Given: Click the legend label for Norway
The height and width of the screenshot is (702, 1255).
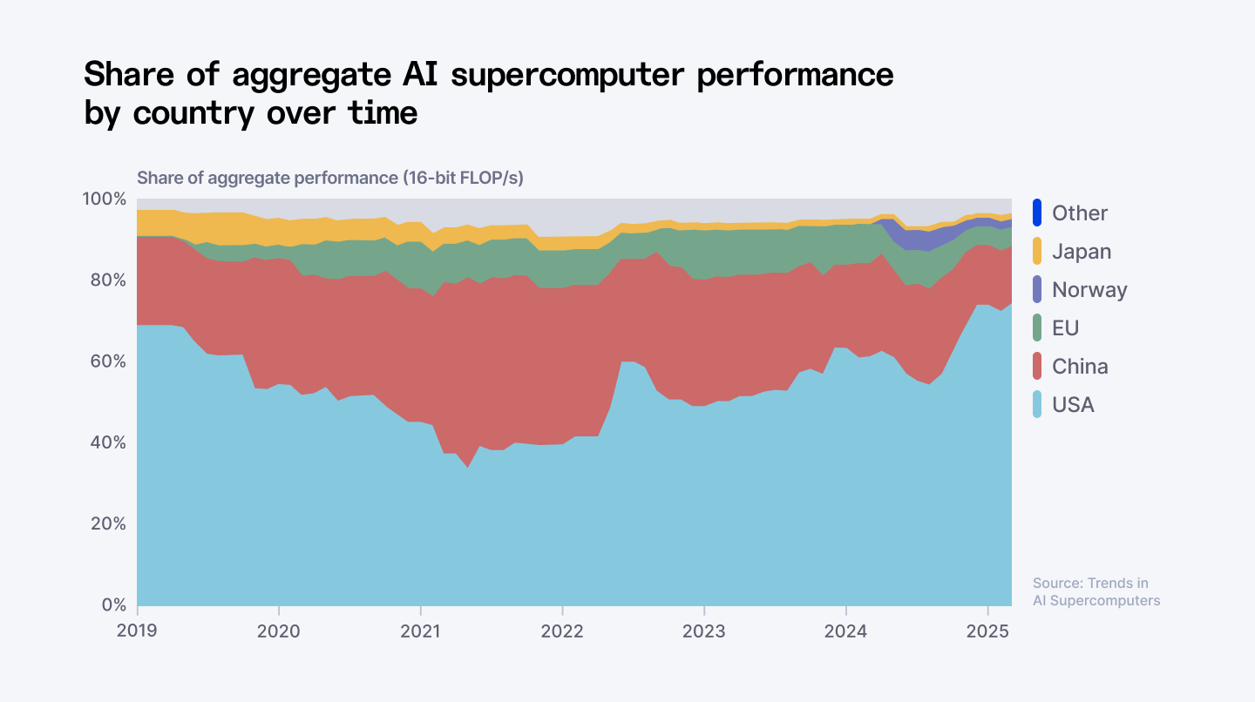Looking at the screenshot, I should pyautogui.click(x=1089, y=290).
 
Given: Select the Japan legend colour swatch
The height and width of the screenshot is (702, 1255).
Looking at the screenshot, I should pyautogui.click(x=1037, y=252).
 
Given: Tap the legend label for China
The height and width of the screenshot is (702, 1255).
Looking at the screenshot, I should pyautogui.click(x=1080, y=367).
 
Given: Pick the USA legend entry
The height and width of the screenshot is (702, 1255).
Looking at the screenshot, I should pyautogui.click(x=1073, y=405).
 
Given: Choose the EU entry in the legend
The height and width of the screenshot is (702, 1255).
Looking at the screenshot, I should pyautogui.click(x=1066, y=328).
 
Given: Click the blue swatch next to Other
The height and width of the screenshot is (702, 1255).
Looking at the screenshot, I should pyautogui.click(x=1037, y=213).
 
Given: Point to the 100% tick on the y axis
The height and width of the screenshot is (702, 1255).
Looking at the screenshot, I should pyautogui.click(x=105, y=199).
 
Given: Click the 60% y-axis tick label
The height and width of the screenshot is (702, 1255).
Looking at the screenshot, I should pyautogui.click(x=108, y=361).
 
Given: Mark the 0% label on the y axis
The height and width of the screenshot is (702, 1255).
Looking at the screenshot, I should pyautogui.click(x=112, y=605).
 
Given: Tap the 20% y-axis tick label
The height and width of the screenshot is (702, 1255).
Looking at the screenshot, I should pyautogui.click(x=108, y=524).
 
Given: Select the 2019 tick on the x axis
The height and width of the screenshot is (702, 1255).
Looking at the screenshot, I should pyautogui.click(x=138, y=631).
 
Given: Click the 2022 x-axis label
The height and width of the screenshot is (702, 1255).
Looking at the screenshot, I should pyautogui.click(x=563, y=631).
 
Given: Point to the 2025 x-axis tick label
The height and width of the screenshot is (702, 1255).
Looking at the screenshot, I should pyautogui.click(x=987, y=631).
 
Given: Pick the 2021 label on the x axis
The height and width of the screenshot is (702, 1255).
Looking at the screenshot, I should pyautogui.click(x=421, y=631).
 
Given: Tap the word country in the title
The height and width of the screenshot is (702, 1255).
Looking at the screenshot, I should pyautogui.click(x=193, y=112).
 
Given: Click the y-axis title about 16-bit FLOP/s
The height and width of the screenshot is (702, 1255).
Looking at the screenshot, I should pyautogui.click(x=330, y=178).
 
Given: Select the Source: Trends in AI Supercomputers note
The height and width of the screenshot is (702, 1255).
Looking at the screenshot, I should pyautogui.click(x=1096, y=591).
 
